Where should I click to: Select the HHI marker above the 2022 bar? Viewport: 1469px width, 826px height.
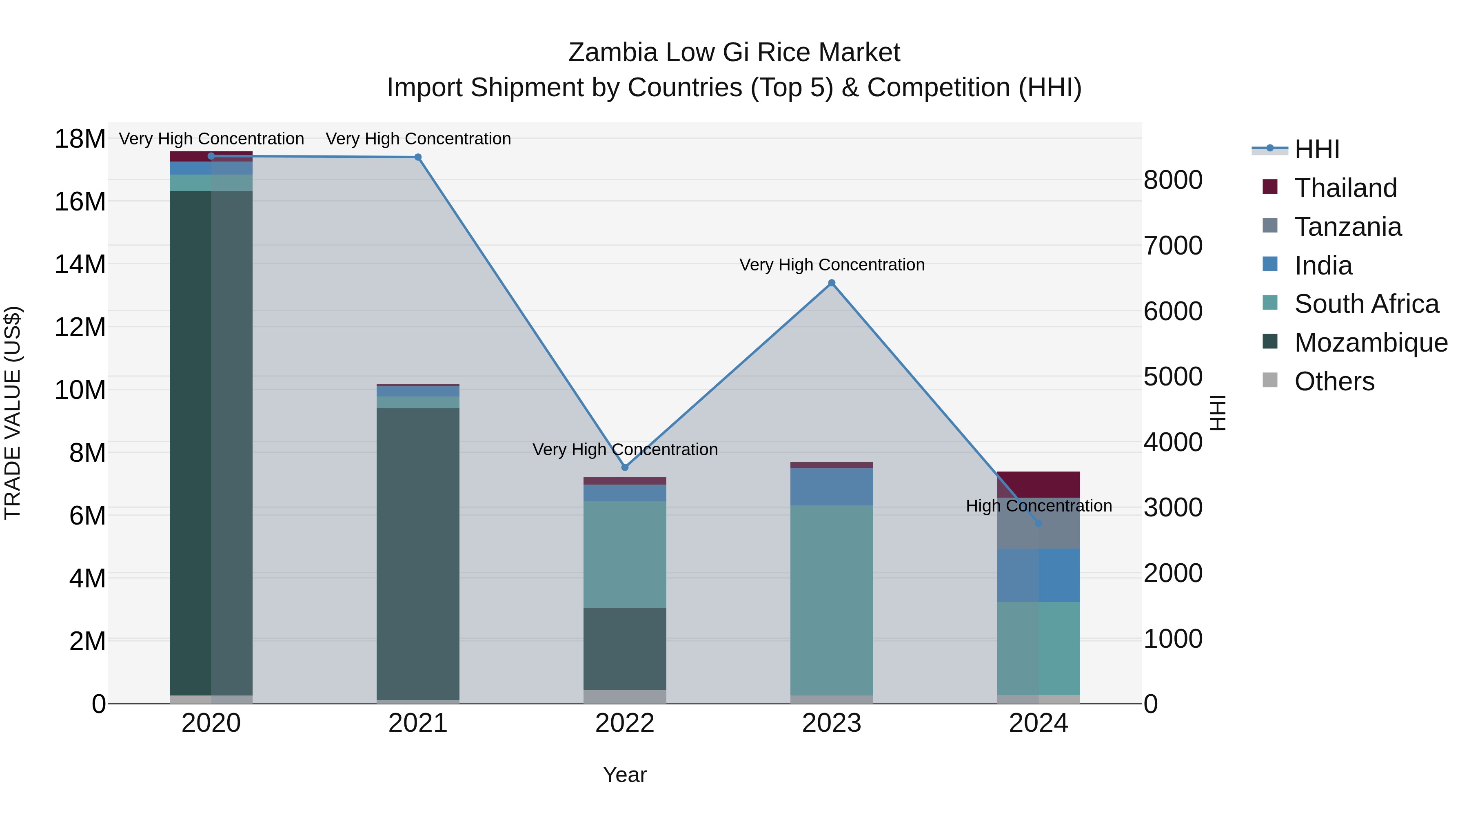coord(624,467)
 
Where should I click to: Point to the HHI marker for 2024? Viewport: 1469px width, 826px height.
coord(1039,523)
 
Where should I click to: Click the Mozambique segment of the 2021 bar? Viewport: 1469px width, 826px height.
coord(418,553)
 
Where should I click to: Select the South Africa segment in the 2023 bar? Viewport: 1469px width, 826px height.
coord(832,598)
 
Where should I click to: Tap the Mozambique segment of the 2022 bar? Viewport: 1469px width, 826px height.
coord(624,648)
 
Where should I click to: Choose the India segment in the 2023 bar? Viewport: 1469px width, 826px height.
coord(832,486)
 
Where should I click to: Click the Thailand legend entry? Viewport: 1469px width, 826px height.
coord(1345,188)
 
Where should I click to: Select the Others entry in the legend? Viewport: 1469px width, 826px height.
coord(1334,381)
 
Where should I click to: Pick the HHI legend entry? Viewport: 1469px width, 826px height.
coord(1317,149)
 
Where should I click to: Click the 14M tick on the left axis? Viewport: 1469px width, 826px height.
coord(80,264)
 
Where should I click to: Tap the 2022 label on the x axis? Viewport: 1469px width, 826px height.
coord(624,723)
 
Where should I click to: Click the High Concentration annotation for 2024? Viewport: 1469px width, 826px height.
coord(1039,506)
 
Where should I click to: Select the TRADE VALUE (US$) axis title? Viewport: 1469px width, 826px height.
coord(13,413)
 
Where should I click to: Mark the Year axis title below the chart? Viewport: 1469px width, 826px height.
coord(624,775)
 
